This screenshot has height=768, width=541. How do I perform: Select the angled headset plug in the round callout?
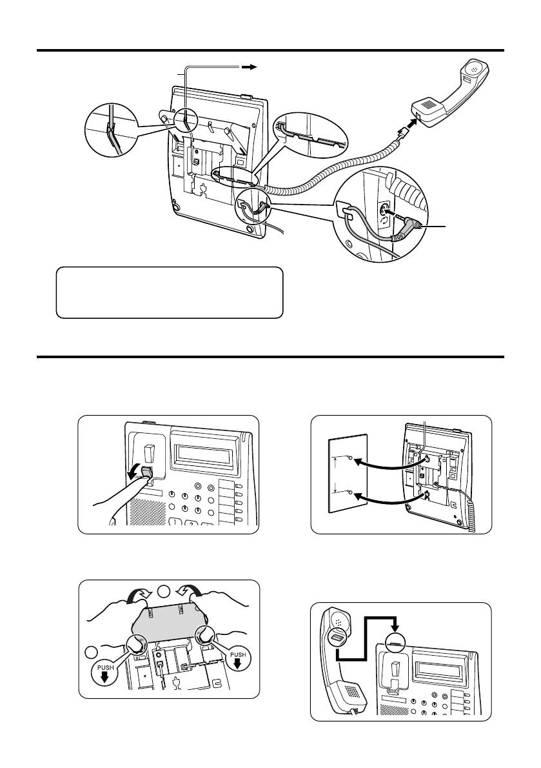(411, 227)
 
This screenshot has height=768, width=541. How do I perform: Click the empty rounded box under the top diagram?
(170, 292)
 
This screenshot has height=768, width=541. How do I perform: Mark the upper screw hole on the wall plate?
(349, 458)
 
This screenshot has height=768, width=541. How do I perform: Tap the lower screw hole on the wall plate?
(349, 492)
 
